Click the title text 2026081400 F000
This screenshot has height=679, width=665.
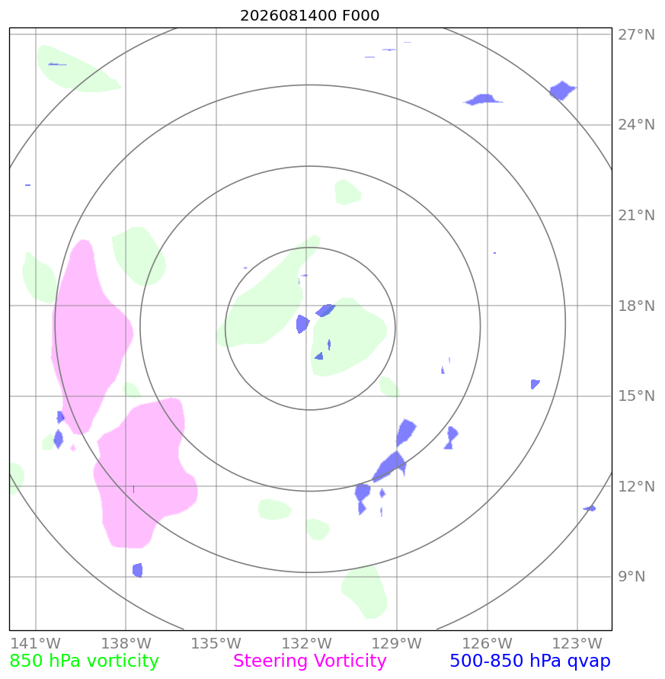(309, 15)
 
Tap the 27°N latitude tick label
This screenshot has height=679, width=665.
(636, 34)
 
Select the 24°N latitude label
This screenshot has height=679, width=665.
(636, 125)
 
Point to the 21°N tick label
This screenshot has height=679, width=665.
(636, 215)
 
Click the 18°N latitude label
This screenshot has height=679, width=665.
(636, 306)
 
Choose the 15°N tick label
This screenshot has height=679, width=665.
(636, 396)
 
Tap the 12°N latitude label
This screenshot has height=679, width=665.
(636, 486)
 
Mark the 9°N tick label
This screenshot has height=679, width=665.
(631, 576)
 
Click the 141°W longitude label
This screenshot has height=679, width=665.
(36, 643)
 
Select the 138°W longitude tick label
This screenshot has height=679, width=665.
(126, 643)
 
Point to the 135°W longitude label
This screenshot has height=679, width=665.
(216, 643)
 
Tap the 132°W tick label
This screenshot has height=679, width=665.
(306, 643)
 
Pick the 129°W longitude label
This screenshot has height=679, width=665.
(397, 643)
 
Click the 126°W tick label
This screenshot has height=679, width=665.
(487, 643)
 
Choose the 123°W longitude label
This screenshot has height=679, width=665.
(577, 643)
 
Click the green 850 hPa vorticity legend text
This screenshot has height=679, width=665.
(84, 661)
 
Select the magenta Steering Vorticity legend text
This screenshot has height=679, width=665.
(309, 661)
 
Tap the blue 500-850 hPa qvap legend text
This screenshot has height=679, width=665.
(530, 661)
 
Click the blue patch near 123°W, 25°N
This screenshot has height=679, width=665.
(562, 91)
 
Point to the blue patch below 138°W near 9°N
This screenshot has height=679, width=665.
(138, 570)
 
